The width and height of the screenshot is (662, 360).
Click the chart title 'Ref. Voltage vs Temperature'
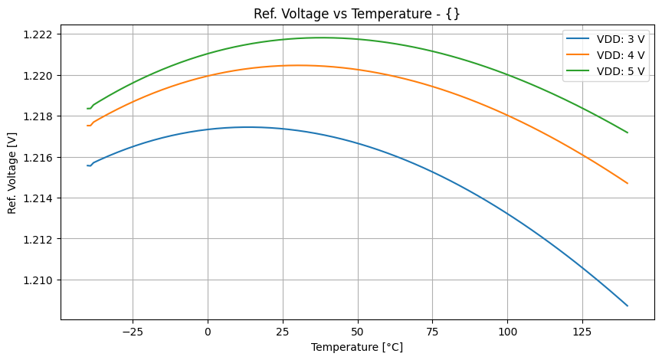tap(357, 14)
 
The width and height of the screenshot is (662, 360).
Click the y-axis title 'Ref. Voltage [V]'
tap(12, 162)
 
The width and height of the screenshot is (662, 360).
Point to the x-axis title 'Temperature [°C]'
tap(357, 347)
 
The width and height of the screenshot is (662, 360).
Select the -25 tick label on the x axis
tap(133, 332)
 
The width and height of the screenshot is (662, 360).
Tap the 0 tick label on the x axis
tap(208, 332)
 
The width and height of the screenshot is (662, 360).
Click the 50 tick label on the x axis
tap(357, 332)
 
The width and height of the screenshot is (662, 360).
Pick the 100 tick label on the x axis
tap(507, 332)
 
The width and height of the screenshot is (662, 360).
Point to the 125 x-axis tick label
tap(582, 332)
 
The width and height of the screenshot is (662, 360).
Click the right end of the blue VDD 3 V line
tap(628, 306)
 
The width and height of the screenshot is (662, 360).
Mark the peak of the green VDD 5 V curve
tap(321, 38)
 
